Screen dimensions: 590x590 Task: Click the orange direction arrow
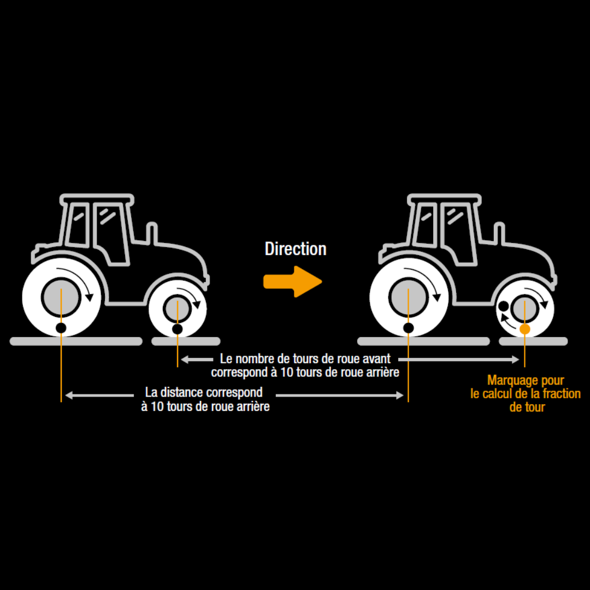(292, 281)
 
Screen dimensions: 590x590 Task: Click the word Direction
(296, 249)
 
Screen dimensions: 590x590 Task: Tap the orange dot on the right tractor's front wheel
(524, 329)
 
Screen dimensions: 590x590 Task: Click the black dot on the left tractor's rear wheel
(61, 328)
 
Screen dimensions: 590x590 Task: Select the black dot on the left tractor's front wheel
(177, 328)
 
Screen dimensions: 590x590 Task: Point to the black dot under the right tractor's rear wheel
(408, 328)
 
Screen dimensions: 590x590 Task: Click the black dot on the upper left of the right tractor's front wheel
(503, 306)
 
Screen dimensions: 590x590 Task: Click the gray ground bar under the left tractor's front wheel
(186, 341)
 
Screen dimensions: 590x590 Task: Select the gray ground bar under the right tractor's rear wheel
(423, 341)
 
